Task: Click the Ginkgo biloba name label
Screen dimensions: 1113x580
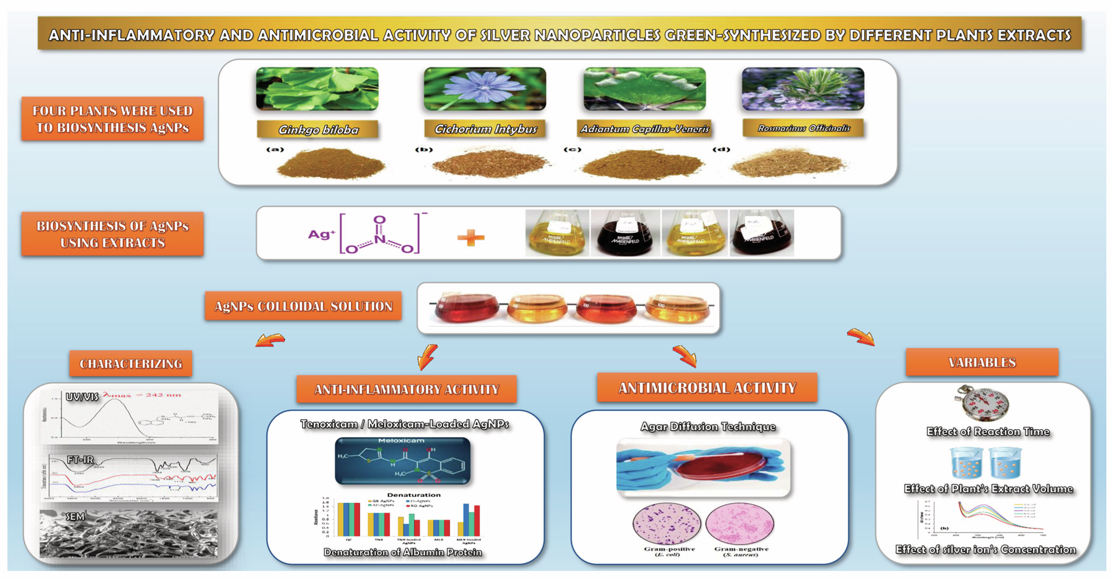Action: click(318, 129)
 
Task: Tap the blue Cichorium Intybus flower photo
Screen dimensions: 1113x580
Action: click(485, 89)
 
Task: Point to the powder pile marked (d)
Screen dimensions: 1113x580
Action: click(789, 163)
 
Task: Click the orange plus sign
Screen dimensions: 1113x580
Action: click(471, 237)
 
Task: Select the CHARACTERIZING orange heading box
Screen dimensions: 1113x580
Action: click(131, 364)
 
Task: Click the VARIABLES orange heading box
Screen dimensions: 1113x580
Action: click(982, 362)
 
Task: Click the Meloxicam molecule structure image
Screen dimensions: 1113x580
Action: click(402, 461)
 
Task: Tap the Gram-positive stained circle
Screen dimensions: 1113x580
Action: click(666, 523)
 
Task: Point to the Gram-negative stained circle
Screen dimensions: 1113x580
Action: click(739, 523)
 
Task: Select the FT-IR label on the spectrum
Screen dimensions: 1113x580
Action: click(80, 460)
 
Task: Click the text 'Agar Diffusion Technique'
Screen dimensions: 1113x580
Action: click(708, 427)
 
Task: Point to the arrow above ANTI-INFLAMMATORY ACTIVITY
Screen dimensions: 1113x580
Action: click(428, 357)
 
